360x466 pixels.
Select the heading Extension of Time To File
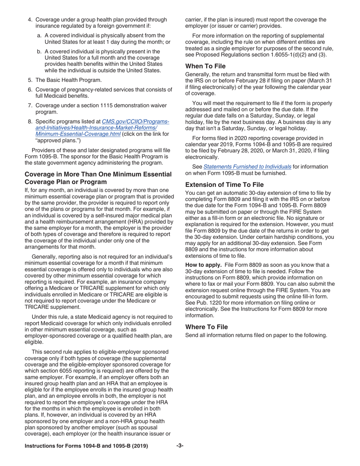click(x=224, y=185)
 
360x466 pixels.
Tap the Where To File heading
click(x=207, y=326)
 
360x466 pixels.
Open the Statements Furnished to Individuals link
click(x=247, y=166)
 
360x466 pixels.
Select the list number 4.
click(x=30, y=19)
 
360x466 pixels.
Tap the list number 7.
click(x=30, y=106)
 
